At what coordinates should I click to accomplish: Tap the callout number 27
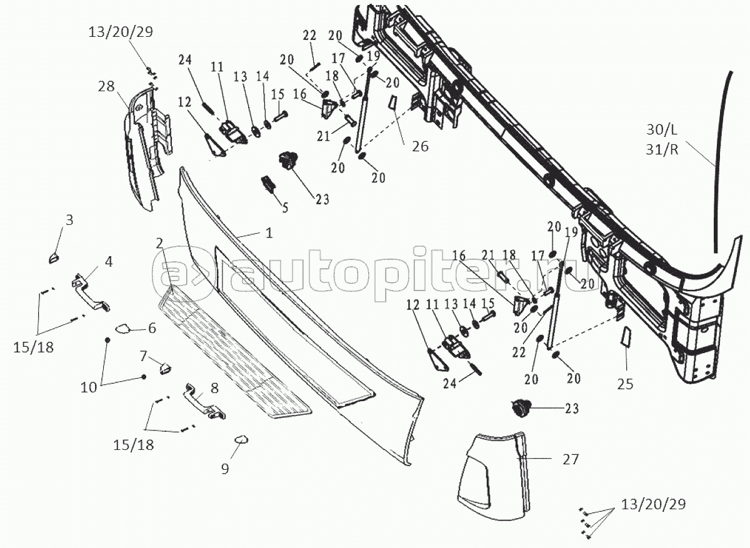click(x=571, y=460)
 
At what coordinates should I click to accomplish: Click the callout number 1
click(x=269, y=234)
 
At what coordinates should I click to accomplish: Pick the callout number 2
click(x=160, y=242)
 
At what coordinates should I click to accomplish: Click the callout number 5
click(x=285, y=207)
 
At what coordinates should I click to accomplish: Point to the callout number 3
click(x=69, y=219)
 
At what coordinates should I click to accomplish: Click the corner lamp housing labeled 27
click(x=487, y=469)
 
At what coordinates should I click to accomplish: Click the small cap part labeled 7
click(x=166, y=367)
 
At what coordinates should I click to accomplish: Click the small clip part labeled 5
click(x=267, y=184)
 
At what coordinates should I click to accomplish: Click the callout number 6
click(x=151, y=327)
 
